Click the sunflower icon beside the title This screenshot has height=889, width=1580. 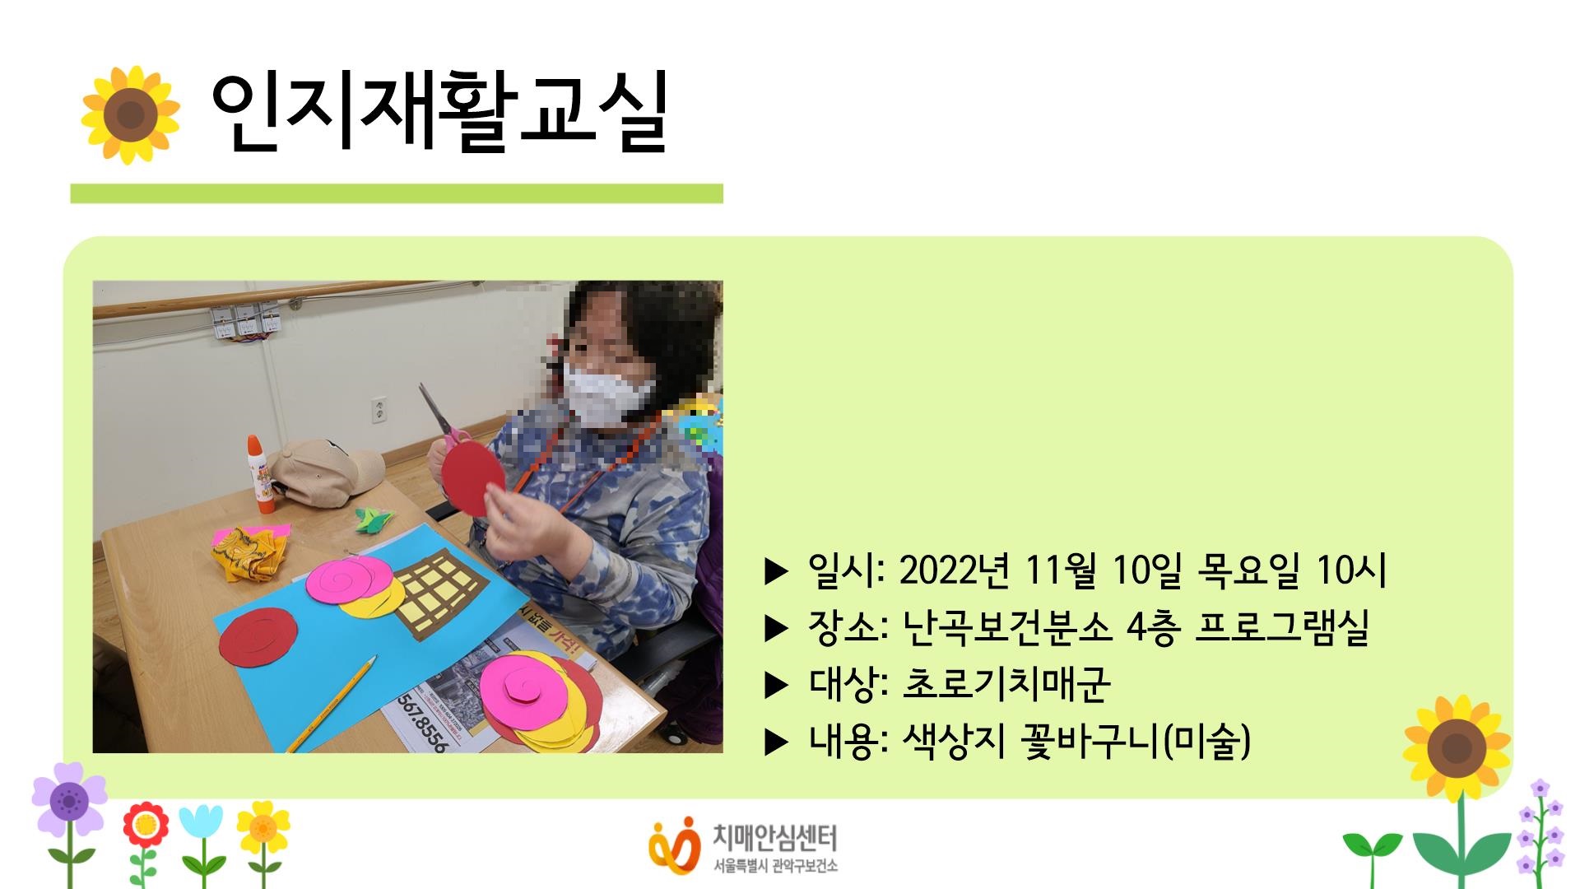click(x=130, y=114)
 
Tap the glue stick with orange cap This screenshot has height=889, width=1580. click(x=256, y=466)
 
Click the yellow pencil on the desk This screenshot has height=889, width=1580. click(x=332, y=704)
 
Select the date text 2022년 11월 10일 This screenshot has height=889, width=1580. click(x=1042, y=570)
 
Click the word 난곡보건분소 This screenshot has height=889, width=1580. click(x=1007, y=628)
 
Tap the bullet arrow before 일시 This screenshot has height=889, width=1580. click(x=776, y=570)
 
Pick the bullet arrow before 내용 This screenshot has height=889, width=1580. click(x=776, y=742)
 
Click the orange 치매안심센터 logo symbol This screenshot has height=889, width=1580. click(x=672, y=845)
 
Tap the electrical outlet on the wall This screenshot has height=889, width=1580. click(x=379, y=410)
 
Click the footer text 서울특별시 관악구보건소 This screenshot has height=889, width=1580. click(x=774, y=866)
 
